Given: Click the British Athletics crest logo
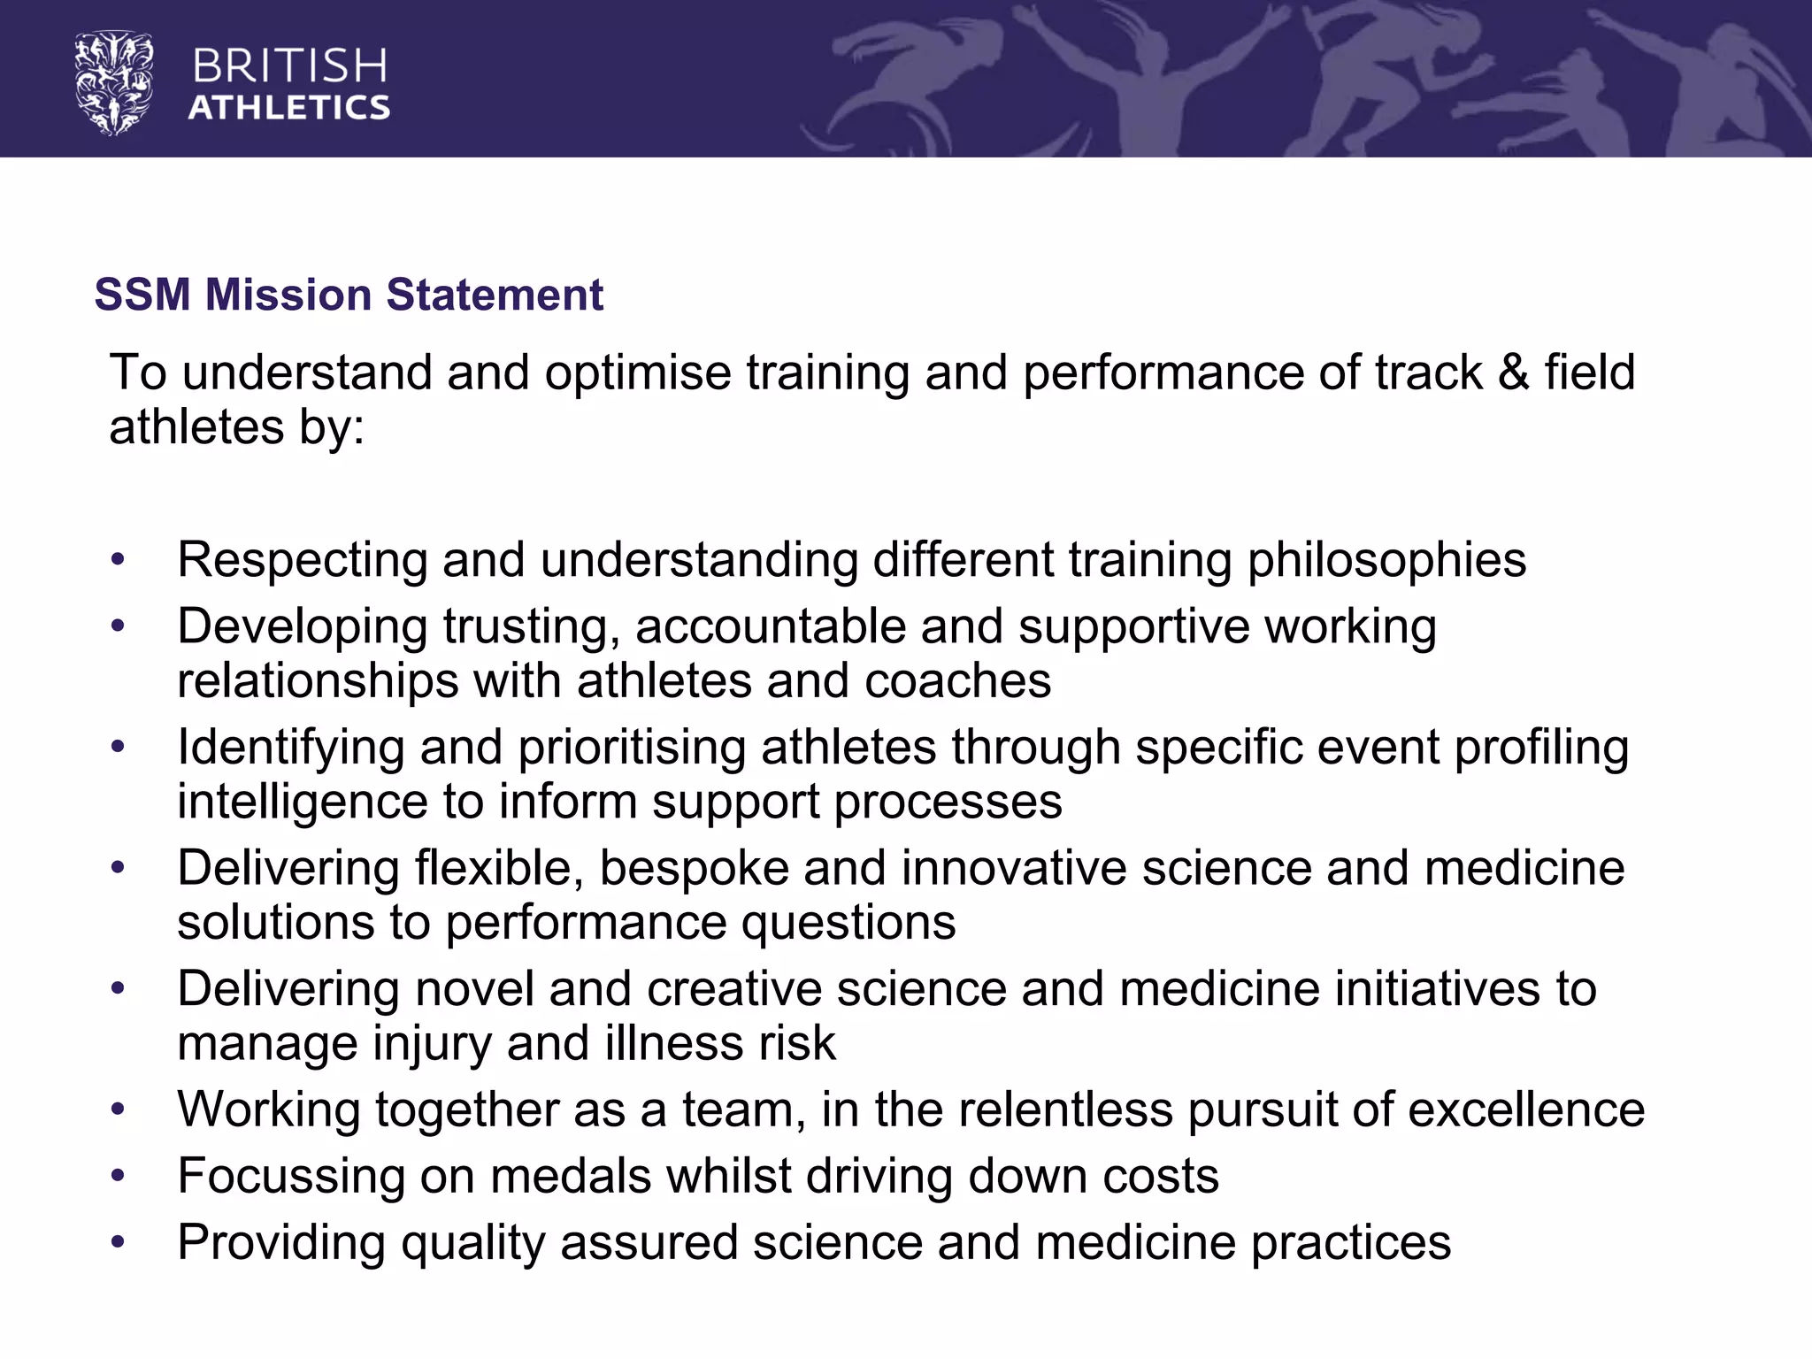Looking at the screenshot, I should point(114,83).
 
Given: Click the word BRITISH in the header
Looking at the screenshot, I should point(289,67).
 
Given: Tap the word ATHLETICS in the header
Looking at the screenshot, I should point(289,108).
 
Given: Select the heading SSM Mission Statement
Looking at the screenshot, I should point(349,295).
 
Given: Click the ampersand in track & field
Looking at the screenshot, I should point(1513,372).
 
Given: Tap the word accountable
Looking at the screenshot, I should point(770,627).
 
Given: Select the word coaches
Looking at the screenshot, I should point(957,681).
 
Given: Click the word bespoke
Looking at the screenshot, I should point(694,868).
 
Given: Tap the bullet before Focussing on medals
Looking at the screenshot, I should point(118,1177).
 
